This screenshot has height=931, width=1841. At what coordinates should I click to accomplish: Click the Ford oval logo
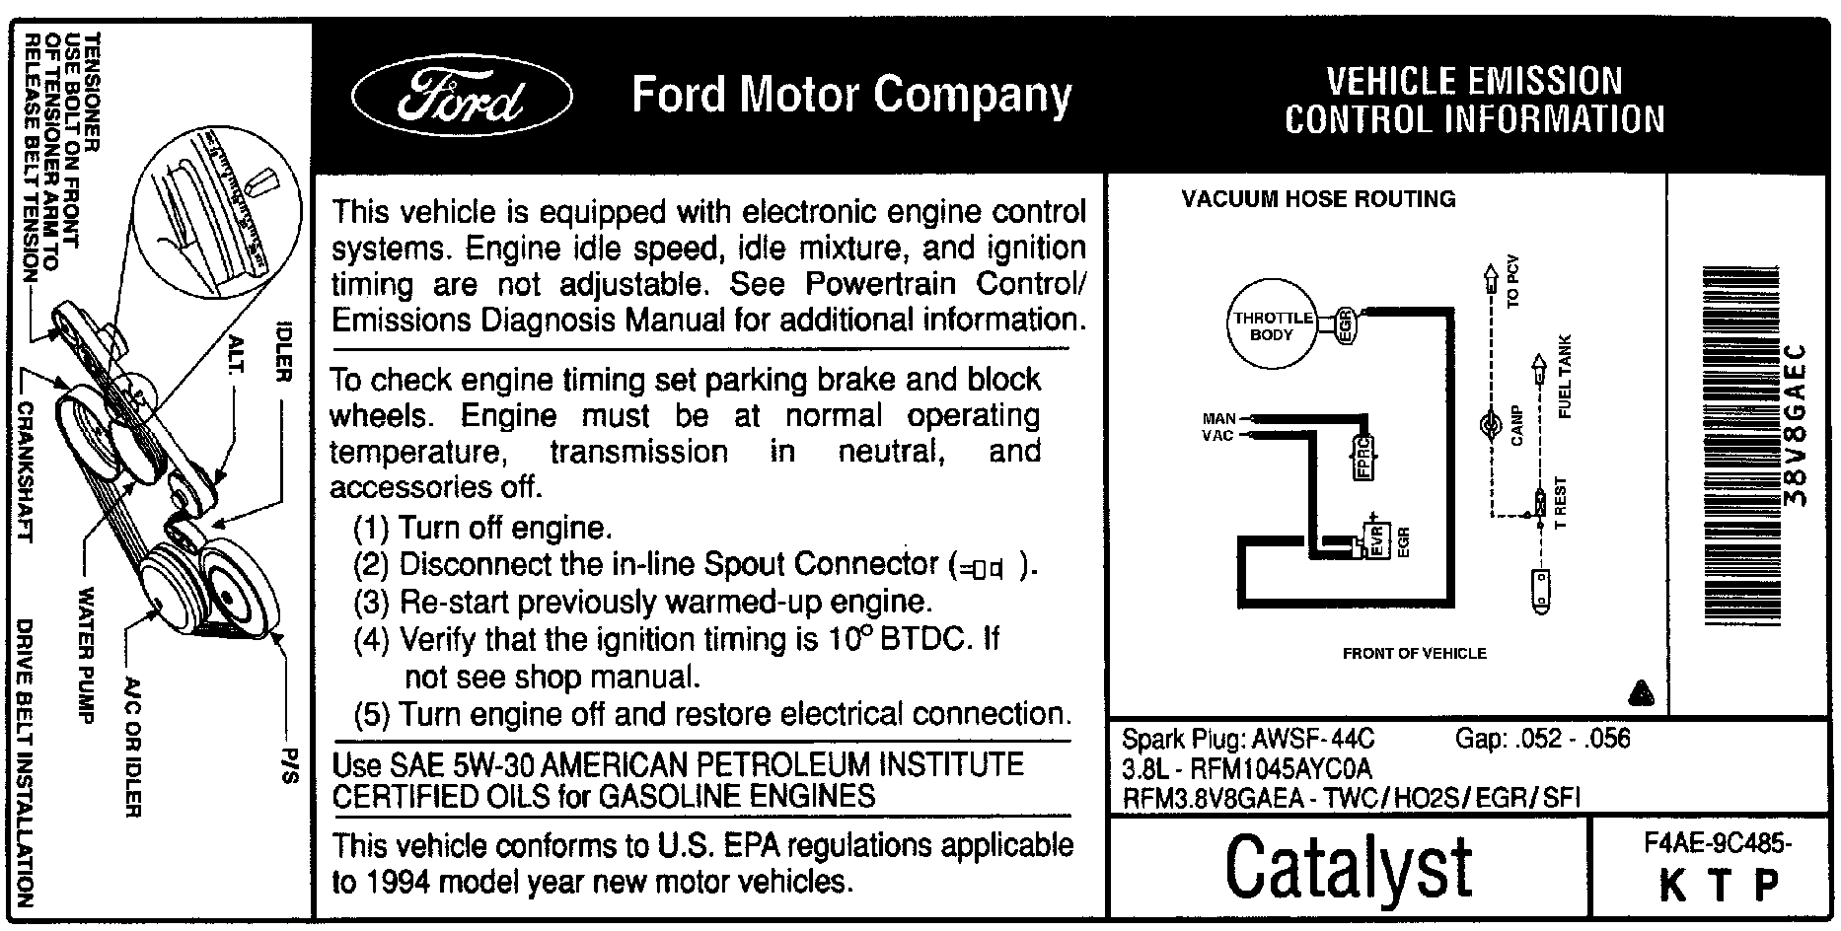(461, 98)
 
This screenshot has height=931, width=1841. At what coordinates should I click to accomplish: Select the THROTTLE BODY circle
(1272, 326)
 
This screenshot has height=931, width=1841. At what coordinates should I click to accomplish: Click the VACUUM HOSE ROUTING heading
(1318, 199)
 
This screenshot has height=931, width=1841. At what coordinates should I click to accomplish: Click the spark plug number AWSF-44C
(1313, 739)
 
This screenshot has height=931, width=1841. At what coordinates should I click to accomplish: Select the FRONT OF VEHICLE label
(1414, 653)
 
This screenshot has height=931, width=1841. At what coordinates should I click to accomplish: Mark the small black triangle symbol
(1641, 692)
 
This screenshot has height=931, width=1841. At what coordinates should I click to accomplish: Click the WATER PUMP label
(86, 655)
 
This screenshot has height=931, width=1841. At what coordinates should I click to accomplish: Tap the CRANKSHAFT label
(27, 471)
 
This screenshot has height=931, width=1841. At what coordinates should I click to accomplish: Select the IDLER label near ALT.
(284, 350)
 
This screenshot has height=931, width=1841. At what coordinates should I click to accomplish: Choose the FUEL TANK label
(1564, 377)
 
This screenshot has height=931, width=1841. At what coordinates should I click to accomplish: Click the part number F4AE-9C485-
(1718, 844)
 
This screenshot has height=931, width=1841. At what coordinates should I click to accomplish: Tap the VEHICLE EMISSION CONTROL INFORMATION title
(1474, 100)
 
